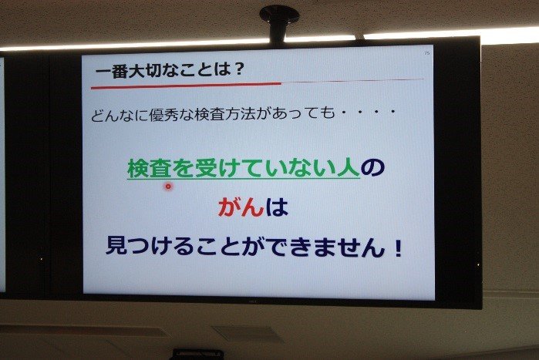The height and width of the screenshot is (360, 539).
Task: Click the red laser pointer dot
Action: pos(168,187)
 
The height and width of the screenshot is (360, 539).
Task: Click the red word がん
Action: pos(241,207)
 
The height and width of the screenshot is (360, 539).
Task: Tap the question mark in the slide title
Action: pos(237,69)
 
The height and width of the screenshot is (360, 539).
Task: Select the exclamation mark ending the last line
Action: pos(399,247)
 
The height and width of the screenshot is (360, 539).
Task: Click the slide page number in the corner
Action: pos(427,53)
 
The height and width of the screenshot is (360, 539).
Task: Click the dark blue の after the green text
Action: pos(372,168)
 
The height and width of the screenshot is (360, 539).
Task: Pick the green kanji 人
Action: pos(349,168)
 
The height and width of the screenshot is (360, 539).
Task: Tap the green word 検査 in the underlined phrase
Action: pos(150,168)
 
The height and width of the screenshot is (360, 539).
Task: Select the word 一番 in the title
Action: pos(111,71)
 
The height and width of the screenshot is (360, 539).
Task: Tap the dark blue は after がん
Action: pos(276,207)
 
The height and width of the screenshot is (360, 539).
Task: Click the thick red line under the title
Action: pos(186,86)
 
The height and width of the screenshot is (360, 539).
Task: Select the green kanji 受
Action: pos(205,168)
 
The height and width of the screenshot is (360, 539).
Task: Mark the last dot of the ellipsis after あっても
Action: pos(393,113)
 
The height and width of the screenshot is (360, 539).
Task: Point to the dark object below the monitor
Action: pos(197,354)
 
